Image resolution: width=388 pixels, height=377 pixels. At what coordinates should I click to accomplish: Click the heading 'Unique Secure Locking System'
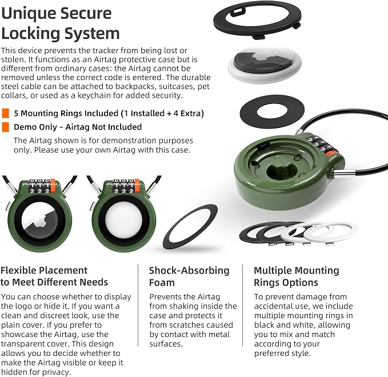pyautogui.click(x=61, y=23)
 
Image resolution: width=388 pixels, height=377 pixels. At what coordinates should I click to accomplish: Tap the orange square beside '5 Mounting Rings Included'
pyautogui.click(x=6, y=113)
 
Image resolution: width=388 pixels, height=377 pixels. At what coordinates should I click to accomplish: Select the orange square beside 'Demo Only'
pyautogui.click(x=6, y=127)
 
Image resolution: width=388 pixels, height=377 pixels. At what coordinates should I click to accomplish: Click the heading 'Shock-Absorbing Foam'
pyautogui.click(x=189, y=276)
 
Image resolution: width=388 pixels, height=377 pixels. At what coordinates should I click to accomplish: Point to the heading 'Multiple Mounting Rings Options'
pyautogui.click(x=297, y=276)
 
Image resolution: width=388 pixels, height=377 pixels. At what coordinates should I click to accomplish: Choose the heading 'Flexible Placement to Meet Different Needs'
pyautogui.click(x=54, y=276)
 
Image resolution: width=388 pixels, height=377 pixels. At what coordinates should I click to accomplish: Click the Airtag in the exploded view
pyautogui.click(x=265, y=65)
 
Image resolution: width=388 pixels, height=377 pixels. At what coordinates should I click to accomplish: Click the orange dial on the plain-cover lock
pyautogui.click(x=137, y=186)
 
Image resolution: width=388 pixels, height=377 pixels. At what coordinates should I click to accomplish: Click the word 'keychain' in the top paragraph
pyautogui.click(x=95, y=95)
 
